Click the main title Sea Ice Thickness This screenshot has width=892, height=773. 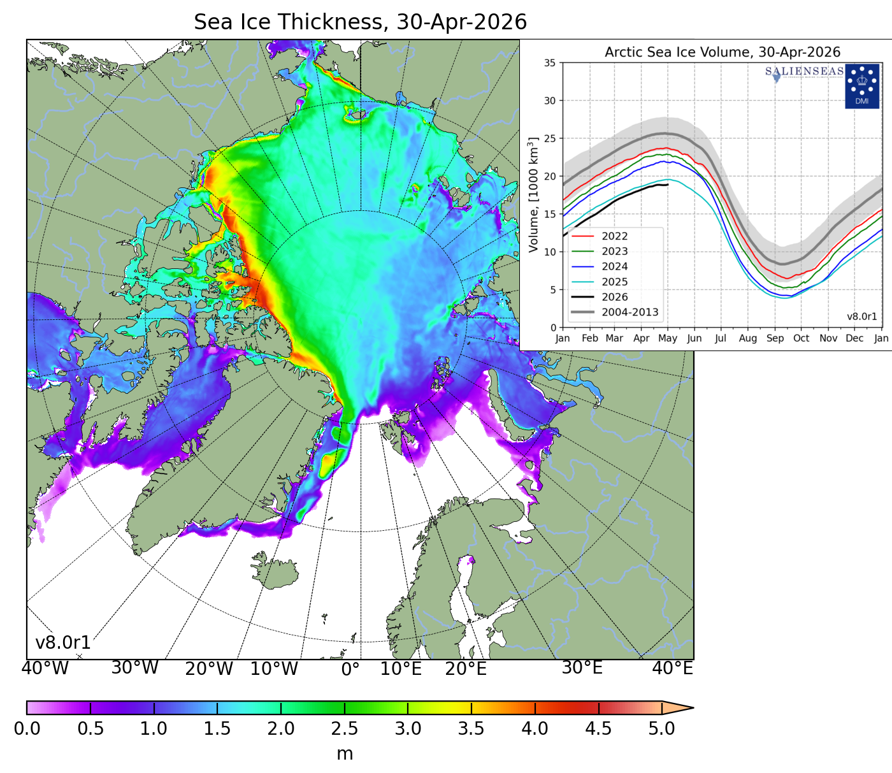click(360, 22)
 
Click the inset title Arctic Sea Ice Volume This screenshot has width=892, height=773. click(722, 52)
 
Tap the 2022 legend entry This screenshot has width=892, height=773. click(614, 236)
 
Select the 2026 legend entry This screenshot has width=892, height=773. click(614, 297)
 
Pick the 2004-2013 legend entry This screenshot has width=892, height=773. click(629, 312)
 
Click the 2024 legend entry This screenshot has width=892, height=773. click(614, 266)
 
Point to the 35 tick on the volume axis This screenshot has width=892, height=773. click(549, 63)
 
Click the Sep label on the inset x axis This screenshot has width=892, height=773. click(775, 338)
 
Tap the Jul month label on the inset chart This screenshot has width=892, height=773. click(720, 338)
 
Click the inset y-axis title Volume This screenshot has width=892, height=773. click(534, 194)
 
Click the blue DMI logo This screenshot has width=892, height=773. click(861, 86)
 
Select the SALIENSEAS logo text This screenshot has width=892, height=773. click(804, 71)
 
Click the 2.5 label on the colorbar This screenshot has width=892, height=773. click(344, 728)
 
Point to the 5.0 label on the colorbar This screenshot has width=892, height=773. click(661, 728)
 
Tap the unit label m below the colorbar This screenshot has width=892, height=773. click(344, 754)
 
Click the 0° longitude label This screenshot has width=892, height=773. click(350, 669)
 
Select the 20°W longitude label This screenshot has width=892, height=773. click(209, 669)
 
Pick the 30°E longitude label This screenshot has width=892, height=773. click(582, 668)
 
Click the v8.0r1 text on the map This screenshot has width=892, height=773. click(63, 642)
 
